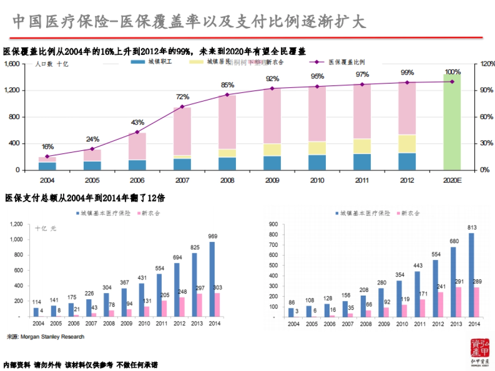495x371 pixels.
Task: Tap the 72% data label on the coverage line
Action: [182, 97]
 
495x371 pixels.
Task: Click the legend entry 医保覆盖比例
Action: [346, 62]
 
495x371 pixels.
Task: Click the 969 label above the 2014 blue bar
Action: [213, 236]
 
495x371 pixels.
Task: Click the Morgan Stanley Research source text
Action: [46, 337]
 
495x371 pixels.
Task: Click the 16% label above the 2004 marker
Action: [47, 147]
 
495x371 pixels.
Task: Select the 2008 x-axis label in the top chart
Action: [227, 181]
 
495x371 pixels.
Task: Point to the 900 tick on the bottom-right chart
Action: [274, 224]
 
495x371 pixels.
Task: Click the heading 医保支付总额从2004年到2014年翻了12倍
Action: [85, 198]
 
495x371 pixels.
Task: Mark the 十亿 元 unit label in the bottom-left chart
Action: [45, 228]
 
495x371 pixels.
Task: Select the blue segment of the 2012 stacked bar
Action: [407, 161]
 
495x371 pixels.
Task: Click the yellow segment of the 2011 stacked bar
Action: [362, 146]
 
